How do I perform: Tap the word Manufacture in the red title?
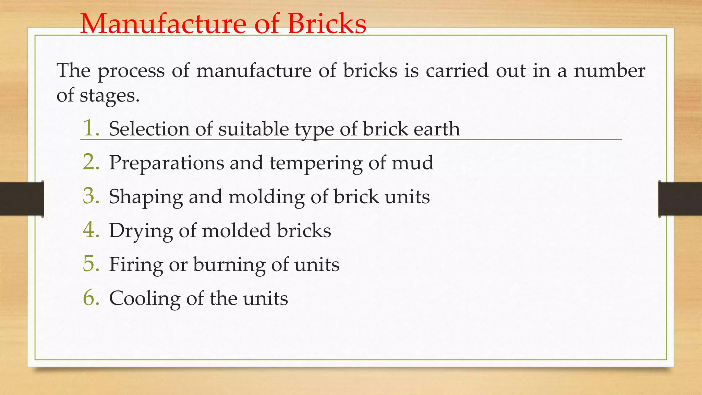point(163,24)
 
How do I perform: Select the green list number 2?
point(91,162)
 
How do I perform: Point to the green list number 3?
point(91,196)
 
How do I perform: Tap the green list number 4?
point(91,230)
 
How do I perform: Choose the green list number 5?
point(91,264)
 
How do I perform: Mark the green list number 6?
point(91,298)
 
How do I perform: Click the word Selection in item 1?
point(149,129)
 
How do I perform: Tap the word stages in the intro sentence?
point(109,96)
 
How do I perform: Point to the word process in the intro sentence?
point(131,71)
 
